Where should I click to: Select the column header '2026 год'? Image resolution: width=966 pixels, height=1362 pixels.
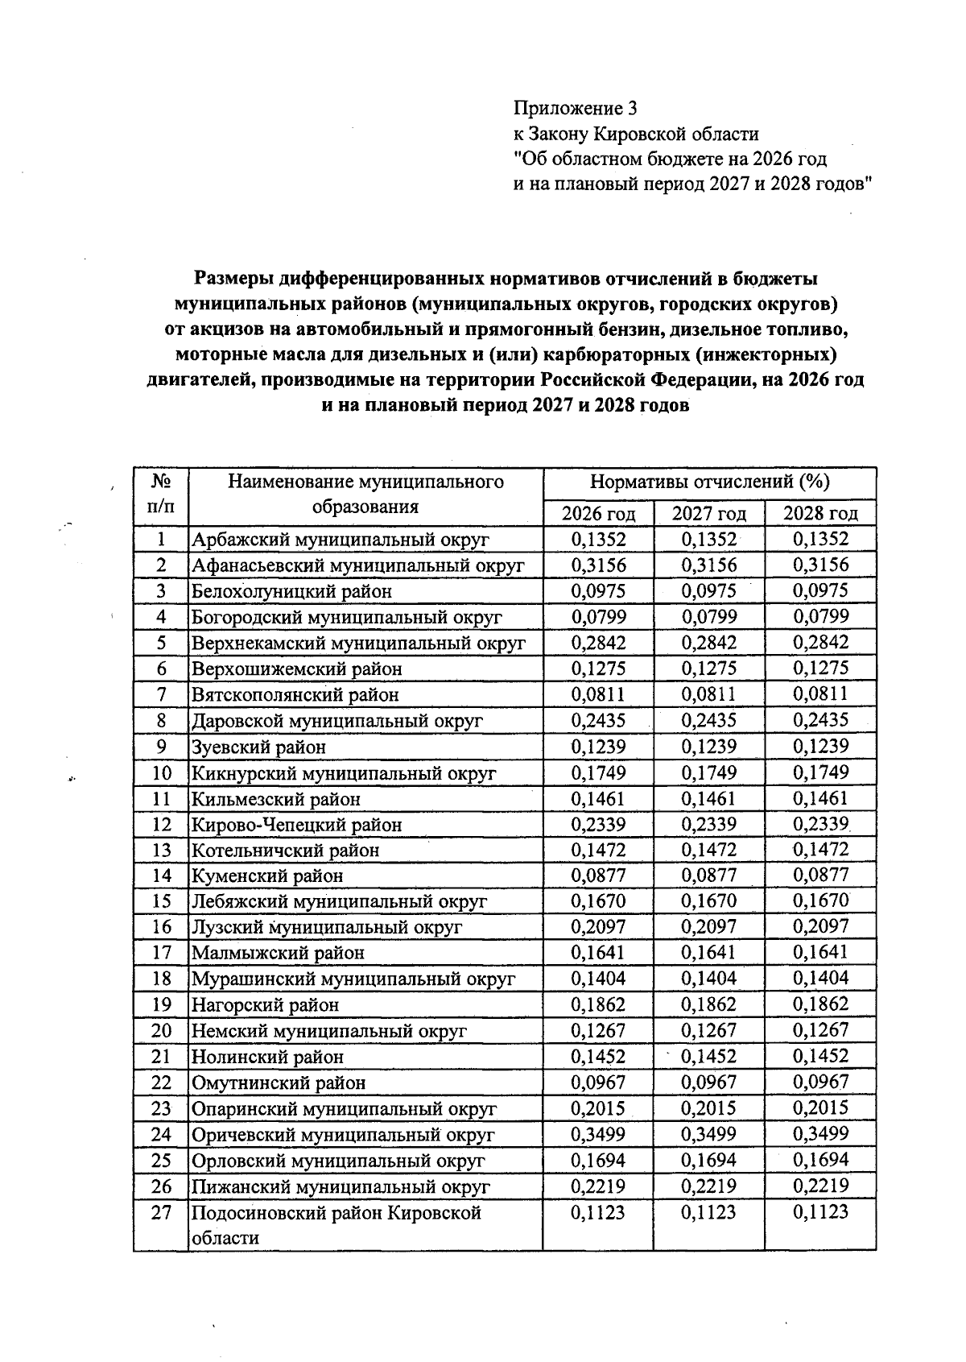(598, 514)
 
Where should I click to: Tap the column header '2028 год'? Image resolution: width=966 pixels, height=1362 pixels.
(820, 514)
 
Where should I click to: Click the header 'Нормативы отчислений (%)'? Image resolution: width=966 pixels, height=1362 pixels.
(709, 482)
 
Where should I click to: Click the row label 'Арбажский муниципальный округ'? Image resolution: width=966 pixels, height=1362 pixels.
(340, 540)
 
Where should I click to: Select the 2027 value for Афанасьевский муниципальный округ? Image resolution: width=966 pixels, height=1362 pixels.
(709, 565)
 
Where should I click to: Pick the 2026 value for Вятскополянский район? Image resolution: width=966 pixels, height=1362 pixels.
(598, 694)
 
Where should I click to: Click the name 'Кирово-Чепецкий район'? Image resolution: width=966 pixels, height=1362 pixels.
(296, 825)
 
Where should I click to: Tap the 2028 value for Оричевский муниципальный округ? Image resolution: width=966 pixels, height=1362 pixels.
(820, 1134)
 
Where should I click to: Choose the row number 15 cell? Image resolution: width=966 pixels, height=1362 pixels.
(161, 901)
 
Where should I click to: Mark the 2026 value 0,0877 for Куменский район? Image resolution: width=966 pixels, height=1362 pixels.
(598, 876)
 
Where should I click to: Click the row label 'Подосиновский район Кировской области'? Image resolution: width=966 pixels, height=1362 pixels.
(336, 1224)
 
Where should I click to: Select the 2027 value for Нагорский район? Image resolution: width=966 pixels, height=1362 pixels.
(709, 1004)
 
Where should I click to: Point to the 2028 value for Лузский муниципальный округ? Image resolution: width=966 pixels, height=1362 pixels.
(820, 927)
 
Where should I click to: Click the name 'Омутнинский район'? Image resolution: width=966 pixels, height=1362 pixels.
(279, 1083)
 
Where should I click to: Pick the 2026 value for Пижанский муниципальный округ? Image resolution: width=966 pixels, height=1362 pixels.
(598, 1186)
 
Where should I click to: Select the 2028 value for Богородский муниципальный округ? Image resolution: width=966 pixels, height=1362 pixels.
(820, 617)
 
